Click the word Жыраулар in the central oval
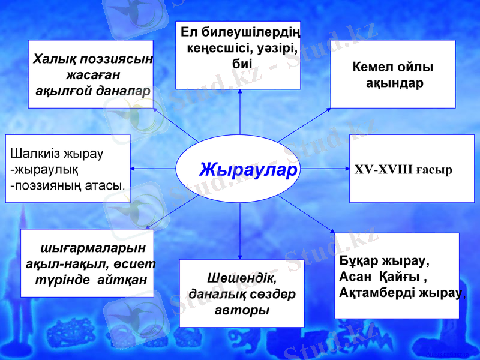click(248, 170)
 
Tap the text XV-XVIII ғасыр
click(403, 169)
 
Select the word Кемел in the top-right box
click(371, 67)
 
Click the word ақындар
click(394, 83)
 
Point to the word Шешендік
click(242, 279)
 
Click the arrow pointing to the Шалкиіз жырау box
click(154, 169)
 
